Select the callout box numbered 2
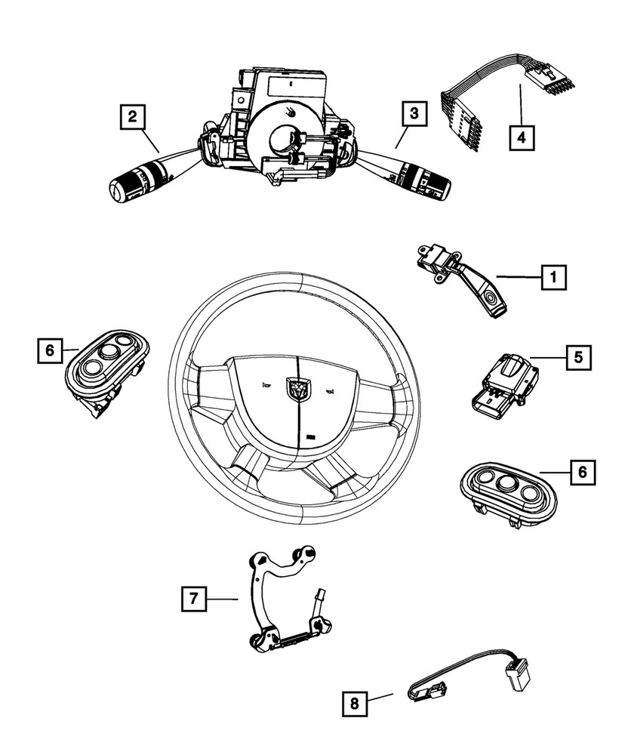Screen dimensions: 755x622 click(x=133, y=116)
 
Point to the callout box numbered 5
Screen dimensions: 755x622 click(x=578, y=357)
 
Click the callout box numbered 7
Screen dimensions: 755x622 click(x=193, y=599)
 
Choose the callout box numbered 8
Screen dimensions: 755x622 click(x=353, y=704)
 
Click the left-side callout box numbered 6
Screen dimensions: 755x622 click(x=50, y=350)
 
